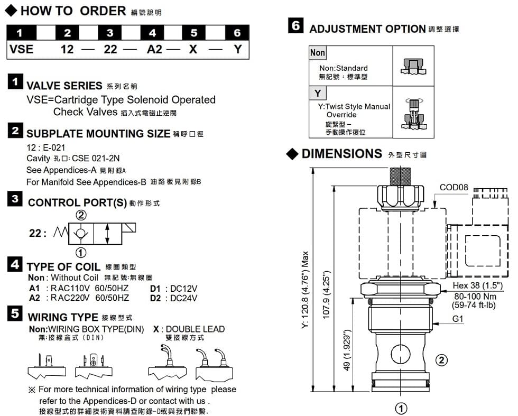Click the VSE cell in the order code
point(22,49)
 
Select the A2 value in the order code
point(154,49)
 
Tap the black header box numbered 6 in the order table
point(237,33)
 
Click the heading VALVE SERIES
point(64,86)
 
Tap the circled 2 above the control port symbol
point(81,215)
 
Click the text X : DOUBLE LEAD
point(188,329)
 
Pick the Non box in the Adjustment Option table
point(318,52)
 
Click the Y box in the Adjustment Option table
point(317,94)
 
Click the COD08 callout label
point(454,187)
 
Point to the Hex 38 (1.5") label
point(477,286)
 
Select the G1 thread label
point(458,319)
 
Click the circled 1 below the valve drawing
point(401,408)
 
